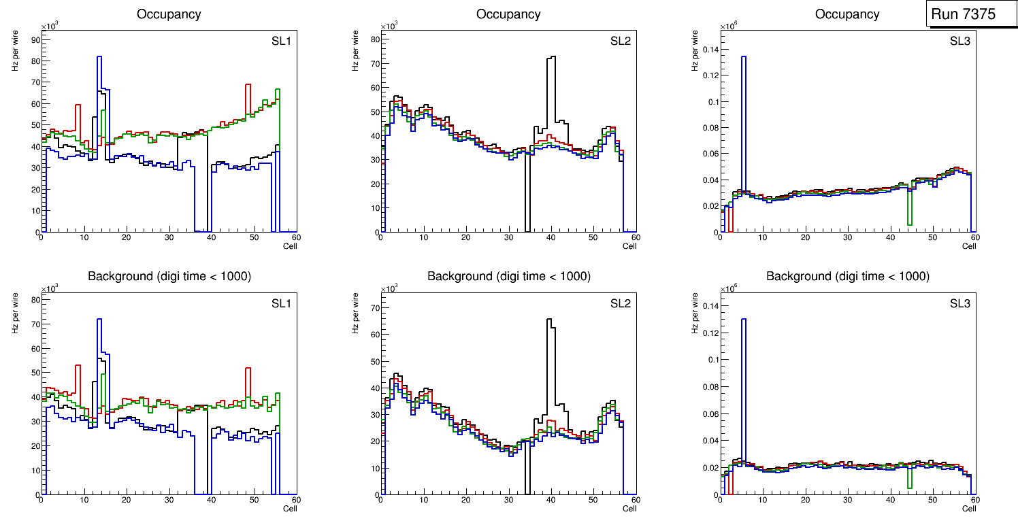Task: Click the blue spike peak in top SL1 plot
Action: click(99, 57)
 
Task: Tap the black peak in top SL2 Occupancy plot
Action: click(551, 58)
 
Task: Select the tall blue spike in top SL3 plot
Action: click(744, 57)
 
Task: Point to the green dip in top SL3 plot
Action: click(909, 224)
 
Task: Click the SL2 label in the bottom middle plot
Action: click(621, 303)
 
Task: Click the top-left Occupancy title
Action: click(168, 14)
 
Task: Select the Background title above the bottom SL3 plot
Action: click(847, 276)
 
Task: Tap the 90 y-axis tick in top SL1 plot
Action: click(34, 39)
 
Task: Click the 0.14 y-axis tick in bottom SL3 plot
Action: click(708, 305)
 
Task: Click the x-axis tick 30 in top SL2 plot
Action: click(508, 237)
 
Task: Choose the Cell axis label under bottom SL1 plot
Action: click(290, 508)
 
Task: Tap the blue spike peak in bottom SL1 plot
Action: click(99, 320)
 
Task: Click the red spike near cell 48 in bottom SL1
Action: click(248, 369)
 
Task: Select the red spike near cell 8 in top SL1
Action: click(78, 105)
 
